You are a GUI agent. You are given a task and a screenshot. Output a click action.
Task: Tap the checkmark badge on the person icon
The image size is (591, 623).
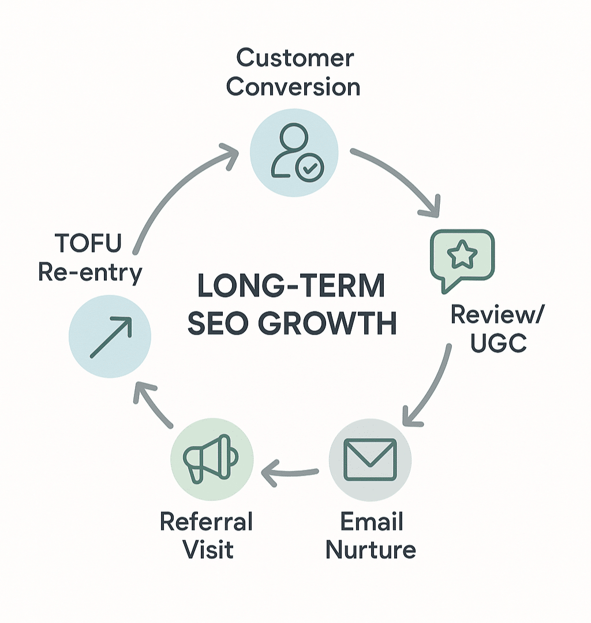[x=310, y=168]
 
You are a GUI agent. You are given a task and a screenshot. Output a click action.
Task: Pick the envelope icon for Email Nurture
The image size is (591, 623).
[x=370, y=459]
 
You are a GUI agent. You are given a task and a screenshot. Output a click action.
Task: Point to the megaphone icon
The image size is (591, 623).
[x=211, y=457]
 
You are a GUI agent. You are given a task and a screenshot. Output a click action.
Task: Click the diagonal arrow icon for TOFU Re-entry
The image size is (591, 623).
[x=110, y=336]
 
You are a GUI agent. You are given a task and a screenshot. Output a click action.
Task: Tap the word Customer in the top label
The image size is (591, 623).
[x=295, y=58]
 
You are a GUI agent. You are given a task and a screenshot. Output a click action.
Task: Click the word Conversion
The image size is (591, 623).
[x=293, y=87]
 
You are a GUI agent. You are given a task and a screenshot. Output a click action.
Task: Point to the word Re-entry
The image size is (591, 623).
[x=90, y=273]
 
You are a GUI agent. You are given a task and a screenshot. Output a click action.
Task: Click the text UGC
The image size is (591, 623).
[x=498, y=343]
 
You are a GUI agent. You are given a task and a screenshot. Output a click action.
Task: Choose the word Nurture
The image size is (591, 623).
[x=371, y=550]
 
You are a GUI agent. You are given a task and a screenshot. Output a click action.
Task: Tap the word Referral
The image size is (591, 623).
[x=206, y=522]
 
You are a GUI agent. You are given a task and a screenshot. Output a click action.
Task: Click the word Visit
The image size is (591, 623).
[x=208, y=550]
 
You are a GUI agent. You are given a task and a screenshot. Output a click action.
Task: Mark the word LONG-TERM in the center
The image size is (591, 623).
[x=291, y=287]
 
